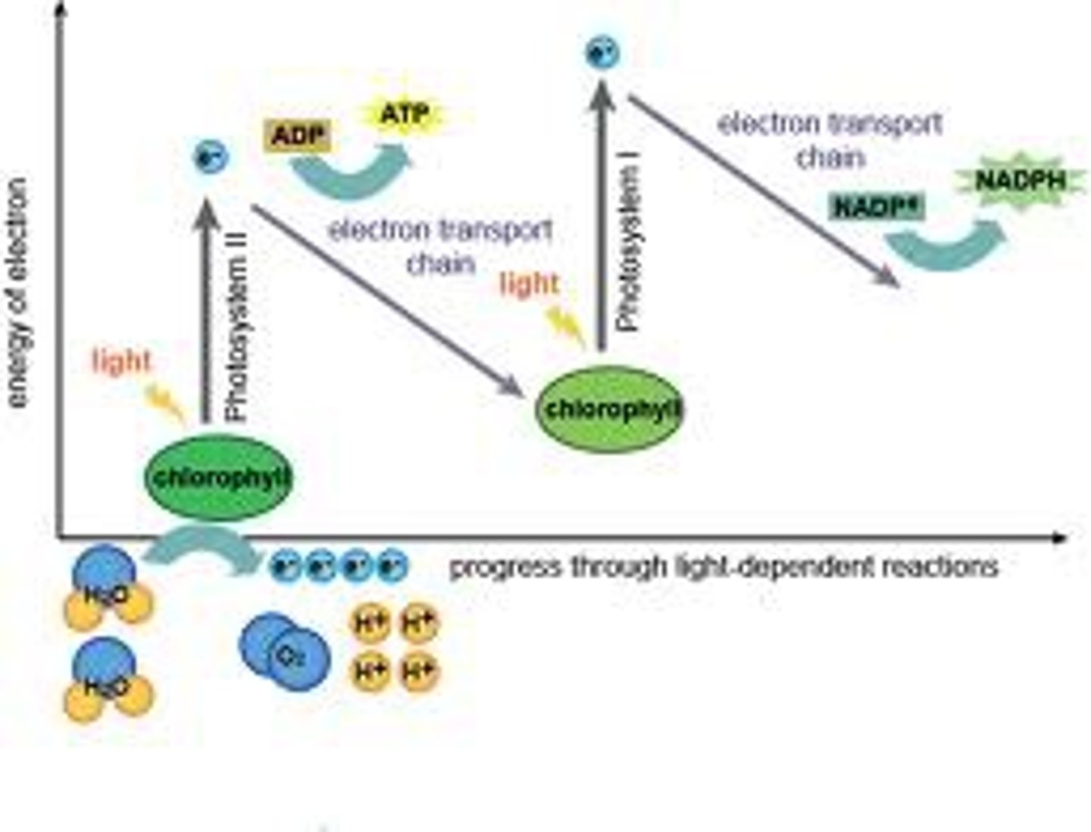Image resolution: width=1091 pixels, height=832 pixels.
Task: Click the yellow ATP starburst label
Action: tap(404, 116)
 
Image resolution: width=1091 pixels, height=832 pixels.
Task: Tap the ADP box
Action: tap(297, 136)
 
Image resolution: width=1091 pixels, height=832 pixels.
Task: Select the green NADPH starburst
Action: tap(1020, 181)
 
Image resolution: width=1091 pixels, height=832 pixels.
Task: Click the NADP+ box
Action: tap(877, 207)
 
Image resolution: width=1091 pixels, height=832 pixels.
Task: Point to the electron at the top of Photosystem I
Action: tap(602, 53)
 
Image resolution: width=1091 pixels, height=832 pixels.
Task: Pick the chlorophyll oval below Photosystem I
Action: tap(611, 409)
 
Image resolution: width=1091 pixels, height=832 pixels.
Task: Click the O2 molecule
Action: tap(285, 653)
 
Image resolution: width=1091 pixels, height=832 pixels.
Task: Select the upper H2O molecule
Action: tap(107, 588)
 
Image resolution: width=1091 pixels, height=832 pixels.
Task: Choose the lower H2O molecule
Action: tap(107, 680)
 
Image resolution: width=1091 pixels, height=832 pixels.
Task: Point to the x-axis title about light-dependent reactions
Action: tap(724, 567)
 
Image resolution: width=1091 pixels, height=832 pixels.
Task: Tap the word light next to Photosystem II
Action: tap(120, 361)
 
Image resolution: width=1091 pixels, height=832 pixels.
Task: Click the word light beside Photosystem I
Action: tap(529, 284)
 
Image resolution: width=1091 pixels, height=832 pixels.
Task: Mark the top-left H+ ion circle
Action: tap(370, 624)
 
